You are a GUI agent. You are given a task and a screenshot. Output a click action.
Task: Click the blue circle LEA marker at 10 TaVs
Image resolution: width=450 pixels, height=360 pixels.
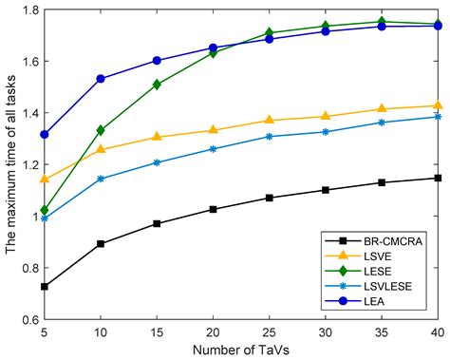coord(101,79)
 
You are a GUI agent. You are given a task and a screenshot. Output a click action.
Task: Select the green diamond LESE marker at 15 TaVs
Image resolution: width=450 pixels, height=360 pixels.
coord(157,85)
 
